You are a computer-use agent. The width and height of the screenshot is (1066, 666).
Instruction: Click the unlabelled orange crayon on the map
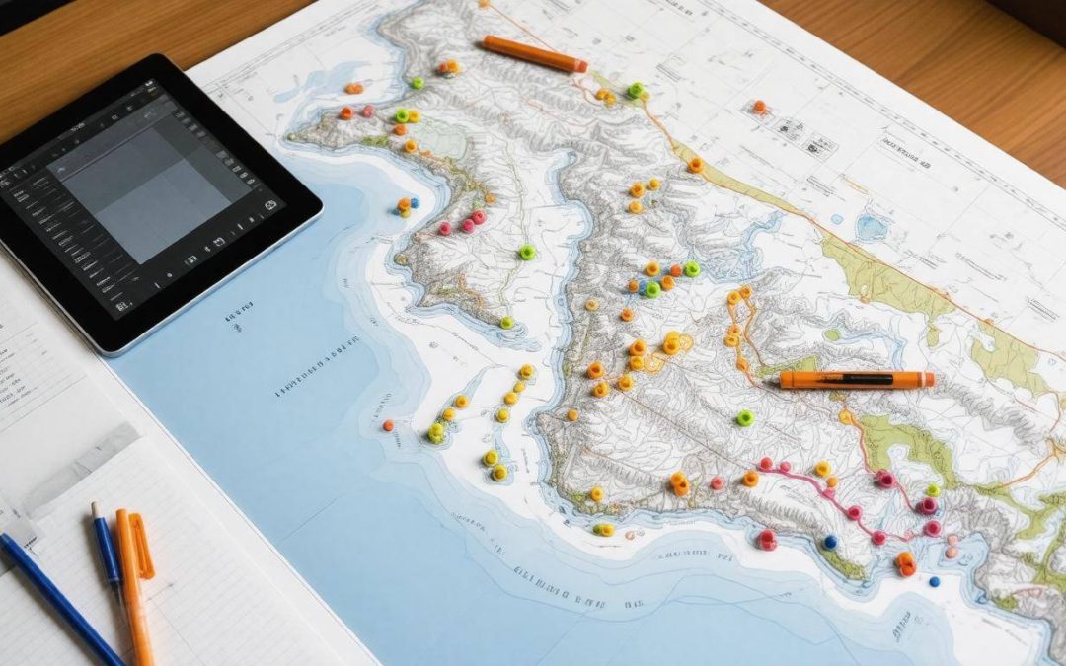pyautogui.click(x=532, y=53)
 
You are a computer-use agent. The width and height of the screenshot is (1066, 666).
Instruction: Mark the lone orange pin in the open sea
pyautogui.click(x=388, y=425)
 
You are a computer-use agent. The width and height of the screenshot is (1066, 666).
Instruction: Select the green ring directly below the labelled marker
pyautogui.click(x=744, y=418)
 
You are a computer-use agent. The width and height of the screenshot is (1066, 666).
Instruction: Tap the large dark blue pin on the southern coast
pyautogui.click(x=830, y=542)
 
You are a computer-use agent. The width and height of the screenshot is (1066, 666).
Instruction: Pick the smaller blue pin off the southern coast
pyautogui.click(x=934, y=581)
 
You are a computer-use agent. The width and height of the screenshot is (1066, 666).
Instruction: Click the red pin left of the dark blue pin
pyautogui.click(x=766, y=539)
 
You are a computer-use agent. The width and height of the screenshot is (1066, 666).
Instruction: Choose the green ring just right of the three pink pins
pyautogui.click(x=527, y=252)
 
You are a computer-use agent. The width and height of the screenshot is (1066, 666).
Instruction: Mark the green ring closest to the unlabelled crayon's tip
pyautogui.click(x=636, y=90)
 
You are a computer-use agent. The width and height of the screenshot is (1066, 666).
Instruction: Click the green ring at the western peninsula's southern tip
pyautogui.click(x=506, y=322)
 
